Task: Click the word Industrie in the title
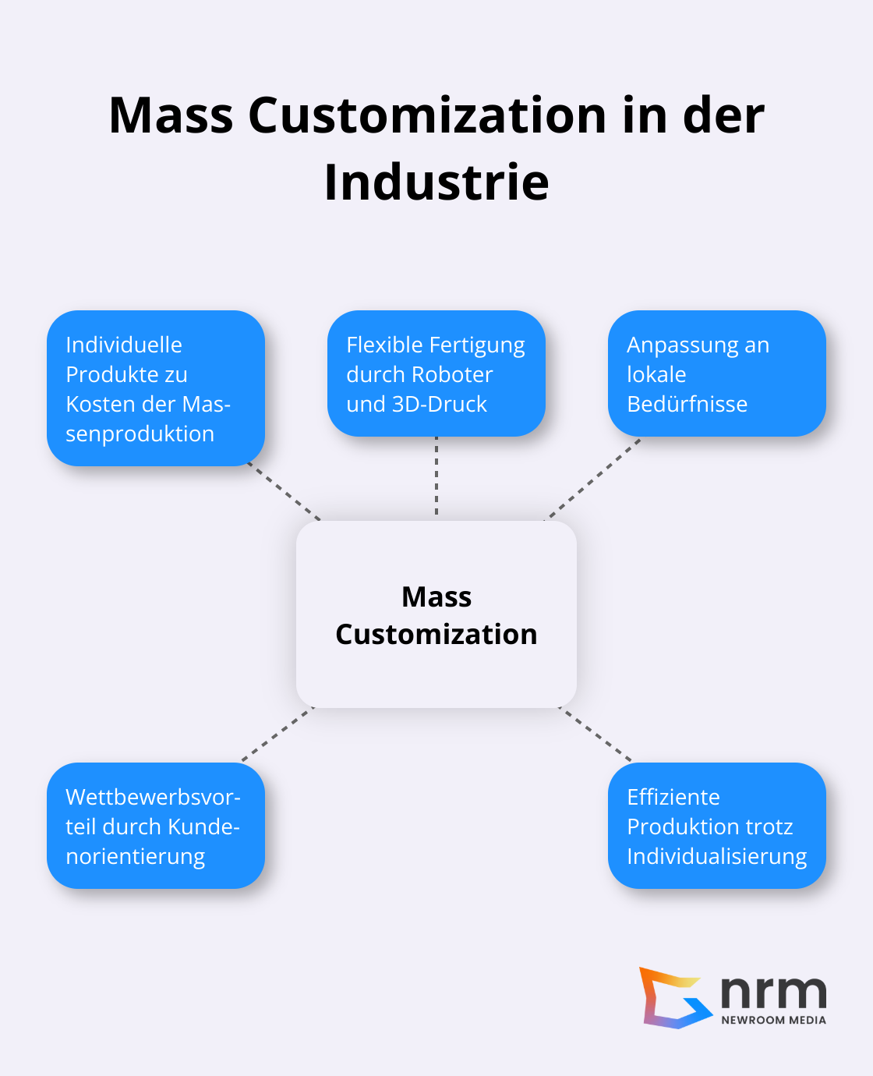[436, 182]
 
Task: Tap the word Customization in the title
[427, 115]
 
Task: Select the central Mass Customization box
[436, 614]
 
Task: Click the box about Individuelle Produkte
[156, 388]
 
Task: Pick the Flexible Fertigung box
[436, 373]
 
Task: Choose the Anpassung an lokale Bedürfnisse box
[716, 373]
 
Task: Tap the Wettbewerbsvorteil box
[156, 826]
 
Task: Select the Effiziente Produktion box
[716, 826]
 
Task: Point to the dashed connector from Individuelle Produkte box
[285, 492]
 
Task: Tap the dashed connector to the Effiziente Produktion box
[596, 734]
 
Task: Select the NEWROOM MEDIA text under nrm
[773, 1020]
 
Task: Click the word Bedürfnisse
[687, 404]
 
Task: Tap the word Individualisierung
[716, 856]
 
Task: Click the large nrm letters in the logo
[773, 992]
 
